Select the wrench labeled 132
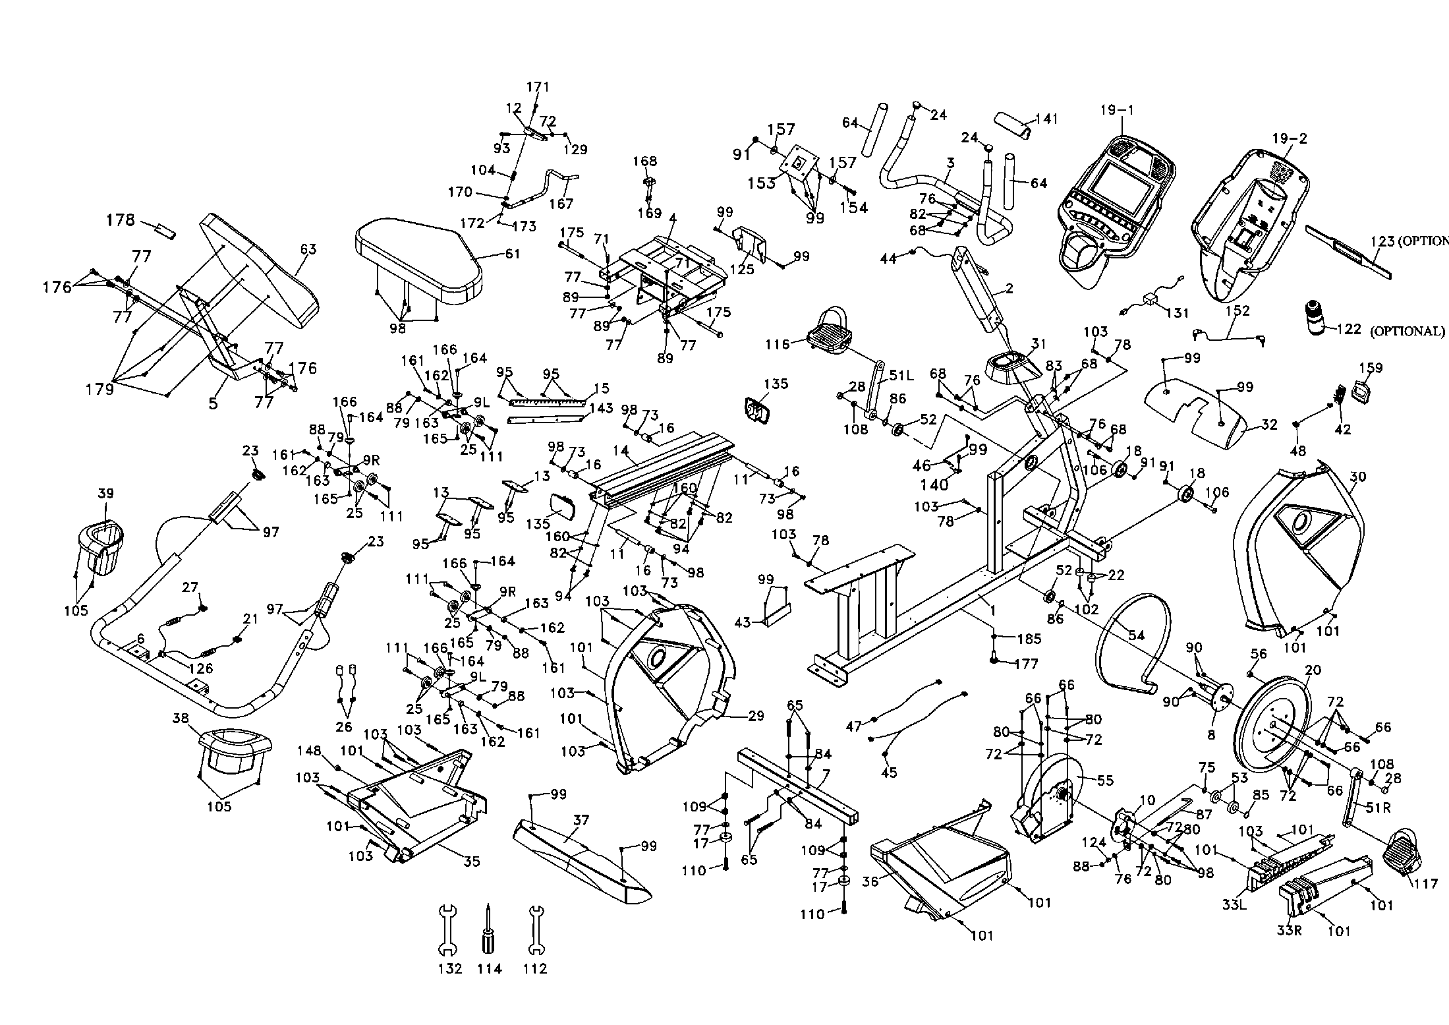(447, 930)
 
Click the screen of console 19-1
(1120, 188)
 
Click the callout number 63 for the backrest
(308, 249)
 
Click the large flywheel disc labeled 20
(1268, 725)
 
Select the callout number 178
(121, 220)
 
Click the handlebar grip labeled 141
(1013, 125)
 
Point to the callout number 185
(1029, 638)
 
